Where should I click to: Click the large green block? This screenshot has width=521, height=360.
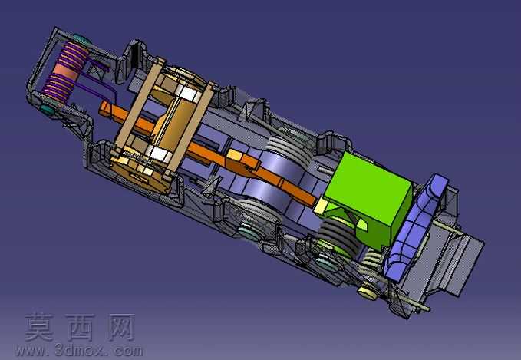pos(369,197)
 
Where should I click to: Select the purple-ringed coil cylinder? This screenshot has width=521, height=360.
pos(65,72)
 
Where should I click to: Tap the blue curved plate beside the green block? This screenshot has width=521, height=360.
pos(416,226)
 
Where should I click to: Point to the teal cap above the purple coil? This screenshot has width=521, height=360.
pos(81,39)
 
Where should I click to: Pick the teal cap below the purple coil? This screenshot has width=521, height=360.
pos(48,109)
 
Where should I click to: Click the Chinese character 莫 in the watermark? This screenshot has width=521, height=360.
pos(39,328)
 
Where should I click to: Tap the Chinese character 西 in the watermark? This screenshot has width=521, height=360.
pos(80,328)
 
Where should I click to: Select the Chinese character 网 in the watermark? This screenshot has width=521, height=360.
pos(121,328)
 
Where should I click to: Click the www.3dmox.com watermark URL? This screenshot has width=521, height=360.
pos(79,351)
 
